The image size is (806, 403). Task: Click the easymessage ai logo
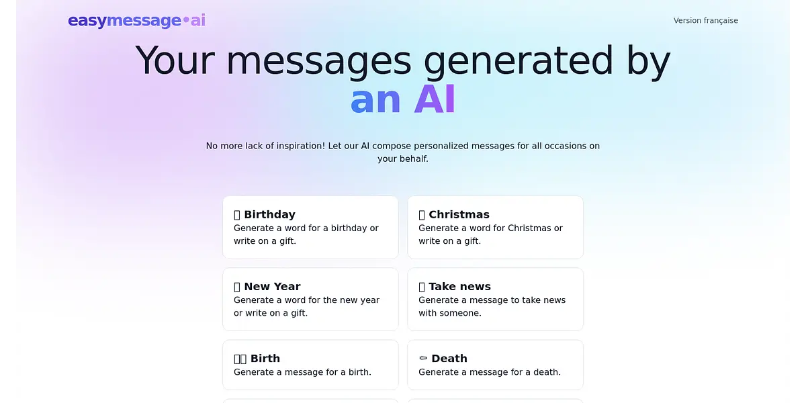137,21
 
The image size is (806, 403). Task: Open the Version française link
706,21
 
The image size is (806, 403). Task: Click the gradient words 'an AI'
403,99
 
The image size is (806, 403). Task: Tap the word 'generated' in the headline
518,61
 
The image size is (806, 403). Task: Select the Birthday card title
269,214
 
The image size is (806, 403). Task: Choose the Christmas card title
459,214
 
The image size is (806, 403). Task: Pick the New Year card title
273,286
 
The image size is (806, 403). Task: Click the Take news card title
460,286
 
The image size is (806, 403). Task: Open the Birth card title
265,359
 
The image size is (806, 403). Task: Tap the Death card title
449,359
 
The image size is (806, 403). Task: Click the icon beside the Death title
423,358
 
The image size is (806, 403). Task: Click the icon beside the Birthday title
237,215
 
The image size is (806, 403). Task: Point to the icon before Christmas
422,215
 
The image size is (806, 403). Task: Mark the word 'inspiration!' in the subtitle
301,146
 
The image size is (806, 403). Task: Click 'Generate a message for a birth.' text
303,372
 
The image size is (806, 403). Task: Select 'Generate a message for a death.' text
490,372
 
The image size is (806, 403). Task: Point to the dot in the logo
186,19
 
